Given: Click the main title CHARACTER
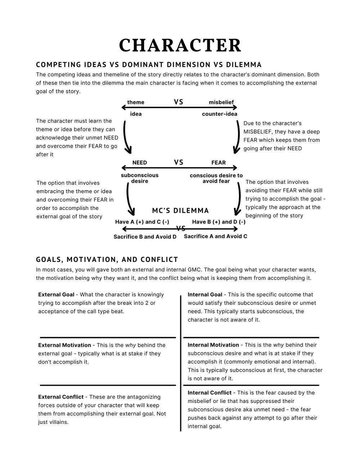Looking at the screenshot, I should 180,45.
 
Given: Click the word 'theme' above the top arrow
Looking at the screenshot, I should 136,102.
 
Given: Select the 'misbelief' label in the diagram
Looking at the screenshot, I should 221,102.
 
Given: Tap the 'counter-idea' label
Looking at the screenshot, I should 220,114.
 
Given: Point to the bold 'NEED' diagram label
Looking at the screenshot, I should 140,163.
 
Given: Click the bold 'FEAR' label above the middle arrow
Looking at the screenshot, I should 219,163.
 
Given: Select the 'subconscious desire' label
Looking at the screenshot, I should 140,178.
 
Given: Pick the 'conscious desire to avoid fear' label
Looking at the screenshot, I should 216,178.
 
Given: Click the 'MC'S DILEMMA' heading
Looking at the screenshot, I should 180,211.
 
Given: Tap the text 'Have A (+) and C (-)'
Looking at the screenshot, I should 142,222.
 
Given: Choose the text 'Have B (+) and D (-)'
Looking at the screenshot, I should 219,222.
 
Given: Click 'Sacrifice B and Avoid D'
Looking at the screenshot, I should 145,237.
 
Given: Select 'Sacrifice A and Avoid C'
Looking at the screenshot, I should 216,237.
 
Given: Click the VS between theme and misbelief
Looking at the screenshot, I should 179,102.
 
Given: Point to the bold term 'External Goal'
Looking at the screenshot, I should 56,295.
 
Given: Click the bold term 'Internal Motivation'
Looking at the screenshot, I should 213,345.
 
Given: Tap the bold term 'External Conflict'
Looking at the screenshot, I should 61,397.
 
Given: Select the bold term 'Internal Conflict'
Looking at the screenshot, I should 210,393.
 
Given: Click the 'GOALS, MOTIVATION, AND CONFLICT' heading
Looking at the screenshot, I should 107,260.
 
